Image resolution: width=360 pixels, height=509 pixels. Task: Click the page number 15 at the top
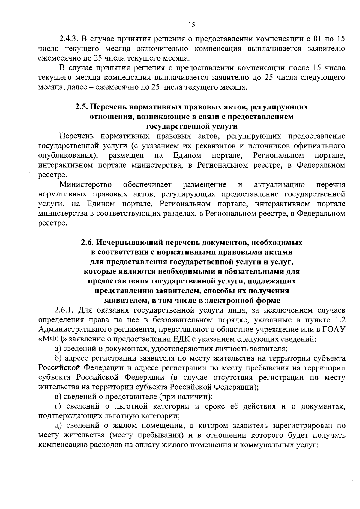tap(192, 25)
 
